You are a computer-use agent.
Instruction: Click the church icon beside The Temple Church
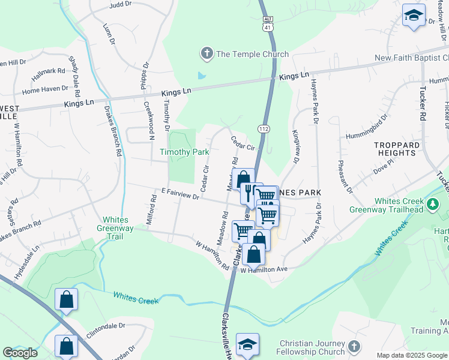pos(206,54)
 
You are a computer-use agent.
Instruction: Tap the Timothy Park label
pos(184,152)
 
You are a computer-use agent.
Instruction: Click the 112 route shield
pos(264,130)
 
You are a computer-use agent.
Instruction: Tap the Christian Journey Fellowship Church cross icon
pos(354,346)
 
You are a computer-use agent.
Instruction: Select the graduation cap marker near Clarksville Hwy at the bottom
pos(247,344)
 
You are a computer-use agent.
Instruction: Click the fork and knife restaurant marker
pos(249,192)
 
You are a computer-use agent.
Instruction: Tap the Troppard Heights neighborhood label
pos(397,149)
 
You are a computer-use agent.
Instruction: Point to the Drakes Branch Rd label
pos(113,131)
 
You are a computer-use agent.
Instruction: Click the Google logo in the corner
pos(20,353)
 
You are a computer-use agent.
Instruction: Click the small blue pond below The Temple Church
pos(200,76)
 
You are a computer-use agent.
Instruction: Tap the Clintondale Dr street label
pos(105,328)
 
